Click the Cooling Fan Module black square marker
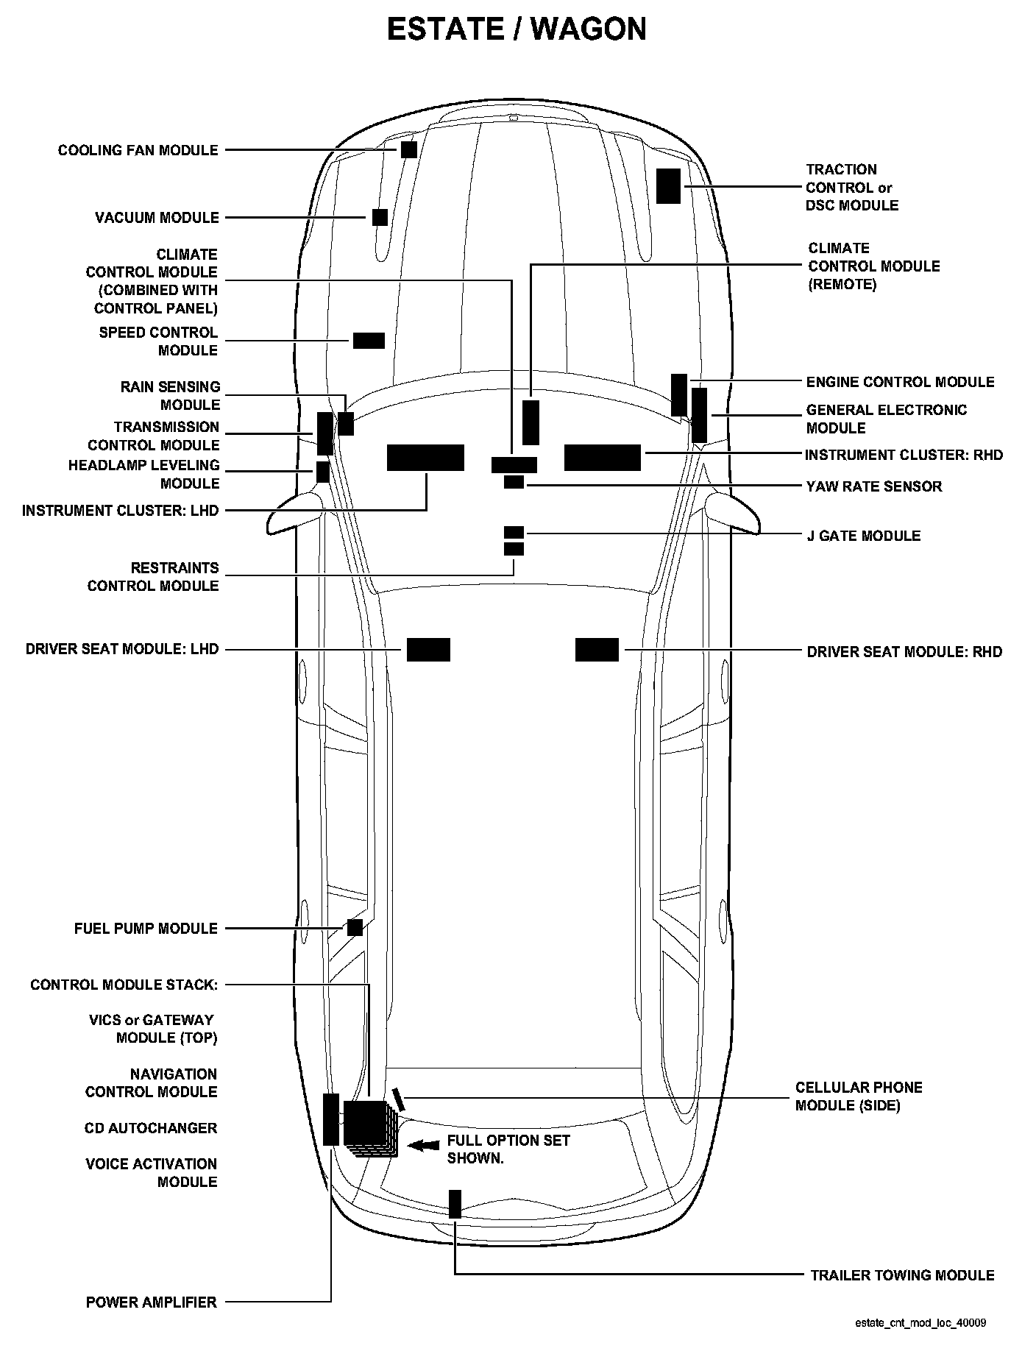coord(409,149)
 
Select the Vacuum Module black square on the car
coord(380,217)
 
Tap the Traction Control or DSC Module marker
coord(668,185)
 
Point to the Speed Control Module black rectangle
coord(369,340)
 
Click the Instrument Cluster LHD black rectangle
coord(425,457)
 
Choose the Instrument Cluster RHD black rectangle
coord(602,457)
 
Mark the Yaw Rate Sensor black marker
coord(514,482)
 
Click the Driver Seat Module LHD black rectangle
coord(428,650)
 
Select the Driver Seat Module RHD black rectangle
coord(597,650)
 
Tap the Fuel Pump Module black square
coord(355,927)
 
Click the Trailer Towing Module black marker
coord(455,1204)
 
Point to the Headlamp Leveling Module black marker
coord(322,472)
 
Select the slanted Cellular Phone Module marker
coord(399,1099)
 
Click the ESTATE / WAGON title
coord(517,29)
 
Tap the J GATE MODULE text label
coord(863,535)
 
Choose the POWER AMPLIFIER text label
coord(151,1302)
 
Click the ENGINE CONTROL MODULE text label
coord(900,382)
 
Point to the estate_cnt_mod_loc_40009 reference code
coord(920,1322)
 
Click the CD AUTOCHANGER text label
coord(151,1127)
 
